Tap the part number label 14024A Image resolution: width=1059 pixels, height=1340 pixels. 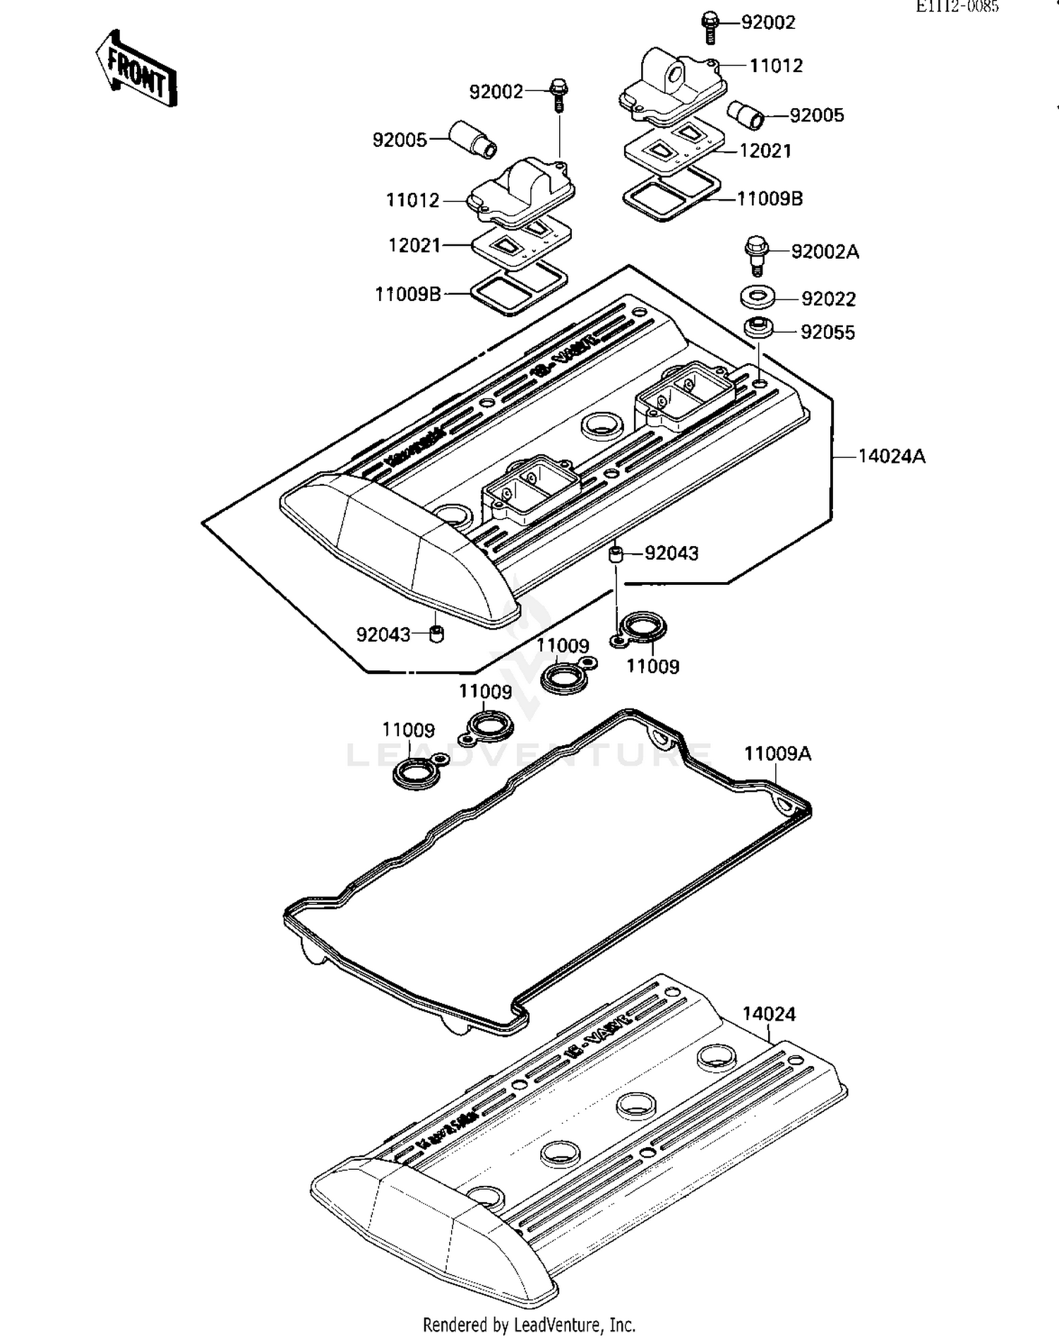(x=891, y=456)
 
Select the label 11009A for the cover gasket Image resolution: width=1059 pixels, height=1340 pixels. (x=777, y=754)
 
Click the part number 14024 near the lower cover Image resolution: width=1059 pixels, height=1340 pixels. (x=768, y=1014)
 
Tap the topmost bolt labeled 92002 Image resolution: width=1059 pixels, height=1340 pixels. (x=710, y=26)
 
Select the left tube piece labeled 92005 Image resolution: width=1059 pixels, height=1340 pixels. (x=474, y=138)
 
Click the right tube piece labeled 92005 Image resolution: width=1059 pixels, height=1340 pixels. (x=747, y=114)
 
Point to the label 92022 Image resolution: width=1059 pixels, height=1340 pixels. (x=828, y=300)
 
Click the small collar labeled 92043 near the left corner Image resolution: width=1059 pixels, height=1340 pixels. (x=437, y=633)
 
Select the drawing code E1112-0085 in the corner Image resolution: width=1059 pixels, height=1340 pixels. (x=957, y=7)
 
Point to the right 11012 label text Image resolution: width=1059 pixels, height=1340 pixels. (x=775, y=66)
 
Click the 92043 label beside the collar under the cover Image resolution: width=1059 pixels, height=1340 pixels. (x=671, y=553)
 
